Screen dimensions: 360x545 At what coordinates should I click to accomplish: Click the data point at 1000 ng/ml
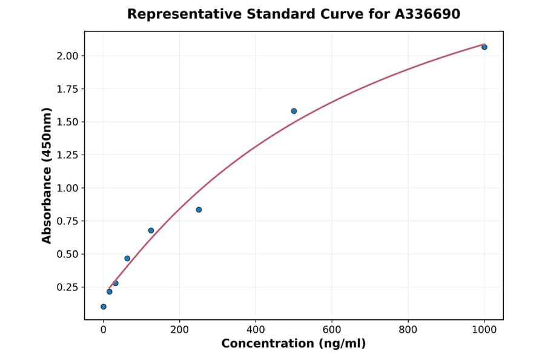484,47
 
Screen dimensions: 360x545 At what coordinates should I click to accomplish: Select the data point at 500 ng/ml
294,111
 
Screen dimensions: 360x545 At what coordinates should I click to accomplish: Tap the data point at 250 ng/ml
199,210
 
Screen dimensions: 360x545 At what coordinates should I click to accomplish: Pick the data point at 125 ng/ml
151,230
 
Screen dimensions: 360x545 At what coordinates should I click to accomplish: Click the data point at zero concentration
104,307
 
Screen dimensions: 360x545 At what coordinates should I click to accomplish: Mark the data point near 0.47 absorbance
127,258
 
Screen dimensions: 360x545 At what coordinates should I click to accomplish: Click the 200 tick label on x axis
179,330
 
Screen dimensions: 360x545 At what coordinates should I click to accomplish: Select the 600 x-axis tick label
332,330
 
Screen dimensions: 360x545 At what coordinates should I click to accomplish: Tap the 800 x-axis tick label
408,330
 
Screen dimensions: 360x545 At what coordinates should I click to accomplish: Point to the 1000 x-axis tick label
484,330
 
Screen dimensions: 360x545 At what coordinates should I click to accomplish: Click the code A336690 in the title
428,14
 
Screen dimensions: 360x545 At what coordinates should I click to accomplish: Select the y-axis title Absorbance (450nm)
47,175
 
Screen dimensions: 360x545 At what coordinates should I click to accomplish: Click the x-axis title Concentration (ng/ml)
294,344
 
